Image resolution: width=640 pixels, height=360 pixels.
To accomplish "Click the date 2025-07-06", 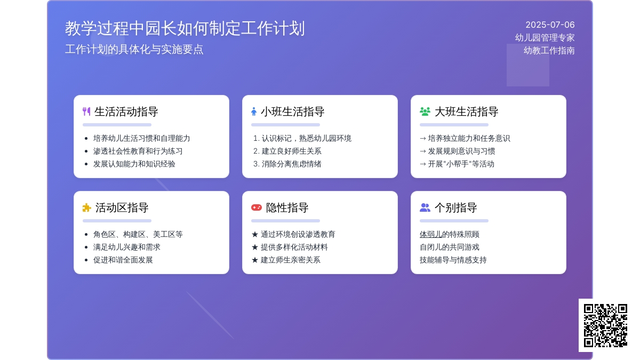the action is click(x=550, y=25).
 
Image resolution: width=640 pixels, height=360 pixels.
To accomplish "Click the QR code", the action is click(x=605, y=325).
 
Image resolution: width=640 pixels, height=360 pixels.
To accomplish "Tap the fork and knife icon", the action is click(x=86, y=111).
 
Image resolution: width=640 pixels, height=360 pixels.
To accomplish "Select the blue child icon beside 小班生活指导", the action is click(x=254, y=111).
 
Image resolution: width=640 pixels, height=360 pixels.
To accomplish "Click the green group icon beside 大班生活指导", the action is click(x=425, y=111).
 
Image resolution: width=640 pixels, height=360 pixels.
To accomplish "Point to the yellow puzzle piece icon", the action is click(x=86, y=207).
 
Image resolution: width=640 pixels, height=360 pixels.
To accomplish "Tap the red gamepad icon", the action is click(x=257, y=207).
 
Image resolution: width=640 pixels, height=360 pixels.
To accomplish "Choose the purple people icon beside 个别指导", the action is click(x=425, y=207).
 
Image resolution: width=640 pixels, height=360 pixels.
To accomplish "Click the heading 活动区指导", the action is click(x=122, y=207).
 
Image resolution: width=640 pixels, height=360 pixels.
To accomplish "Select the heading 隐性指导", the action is click(x=287, y=207).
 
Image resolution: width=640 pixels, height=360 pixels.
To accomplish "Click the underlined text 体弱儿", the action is click(x=431, y=234).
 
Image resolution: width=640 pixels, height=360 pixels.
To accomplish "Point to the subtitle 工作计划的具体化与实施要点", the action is click(x=134, y=50).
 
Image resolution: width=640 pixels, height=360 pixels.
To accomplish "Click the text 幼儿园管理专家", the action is click(x=545, y=38).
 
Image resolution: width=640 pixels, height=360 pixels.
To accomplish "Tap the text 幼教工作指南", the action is click(x=549, y=51).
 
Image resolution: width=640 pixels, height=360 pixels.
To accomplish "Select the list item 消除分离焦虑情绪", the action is click(x=291, y=164).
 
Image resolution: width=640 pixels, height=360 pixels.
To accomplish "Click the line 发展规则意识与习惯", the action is click(x=461, y=151).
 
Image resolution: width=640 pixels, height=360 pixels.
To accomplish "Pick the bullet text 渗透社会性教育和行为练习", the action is click(x=138, y=151).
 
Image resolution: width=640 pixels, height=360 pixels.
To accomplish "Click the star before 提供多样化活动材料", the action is click(x=255, y=247).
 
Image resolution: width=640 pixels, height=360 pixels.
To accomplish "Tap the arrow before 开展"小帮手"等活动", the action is click(x=423, y=164).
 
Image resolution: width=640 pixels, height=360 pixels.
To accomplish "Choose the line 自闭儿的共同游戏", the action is click(x=450, y=247).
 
